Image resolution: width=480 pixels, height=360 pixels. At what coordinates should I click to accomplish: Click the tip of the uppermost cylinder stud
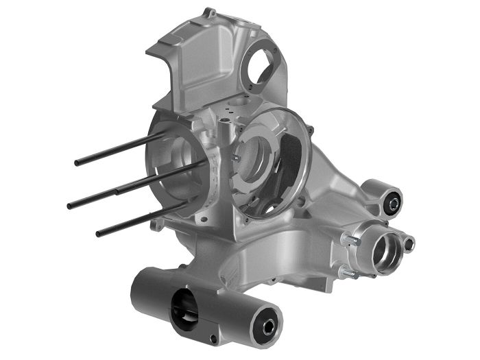(77, 163)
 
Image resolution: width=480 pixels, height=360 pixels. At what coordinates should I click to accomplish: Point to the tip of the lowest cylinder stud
(99, 234)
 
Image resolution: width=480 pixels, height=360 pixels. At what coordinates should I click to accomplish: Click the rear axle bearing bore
(384, 254)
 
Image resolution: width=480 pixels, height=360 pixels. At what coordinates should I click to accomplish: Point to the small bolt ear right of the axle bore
(409, 243)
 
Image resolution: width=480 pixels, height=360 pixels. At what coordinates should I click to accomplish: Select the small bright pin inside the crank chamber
(237, 158)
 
